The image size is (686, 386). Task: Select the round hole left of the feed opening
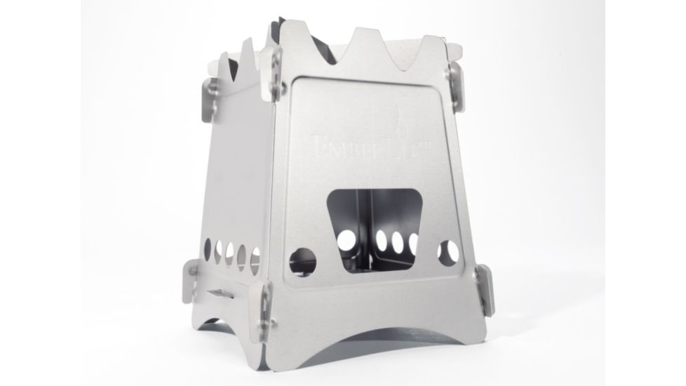click(x=302, y=260)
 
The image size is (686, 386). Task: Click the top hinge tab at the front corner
click(x=272, y=73)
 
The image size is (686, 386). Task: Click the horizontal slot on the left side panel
click(x=225, y=293)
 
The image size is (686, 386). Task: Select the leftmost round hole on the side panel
click(x=207, y=246)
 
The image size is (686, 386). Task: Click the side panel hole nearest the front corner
click(x=255, y=257)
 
